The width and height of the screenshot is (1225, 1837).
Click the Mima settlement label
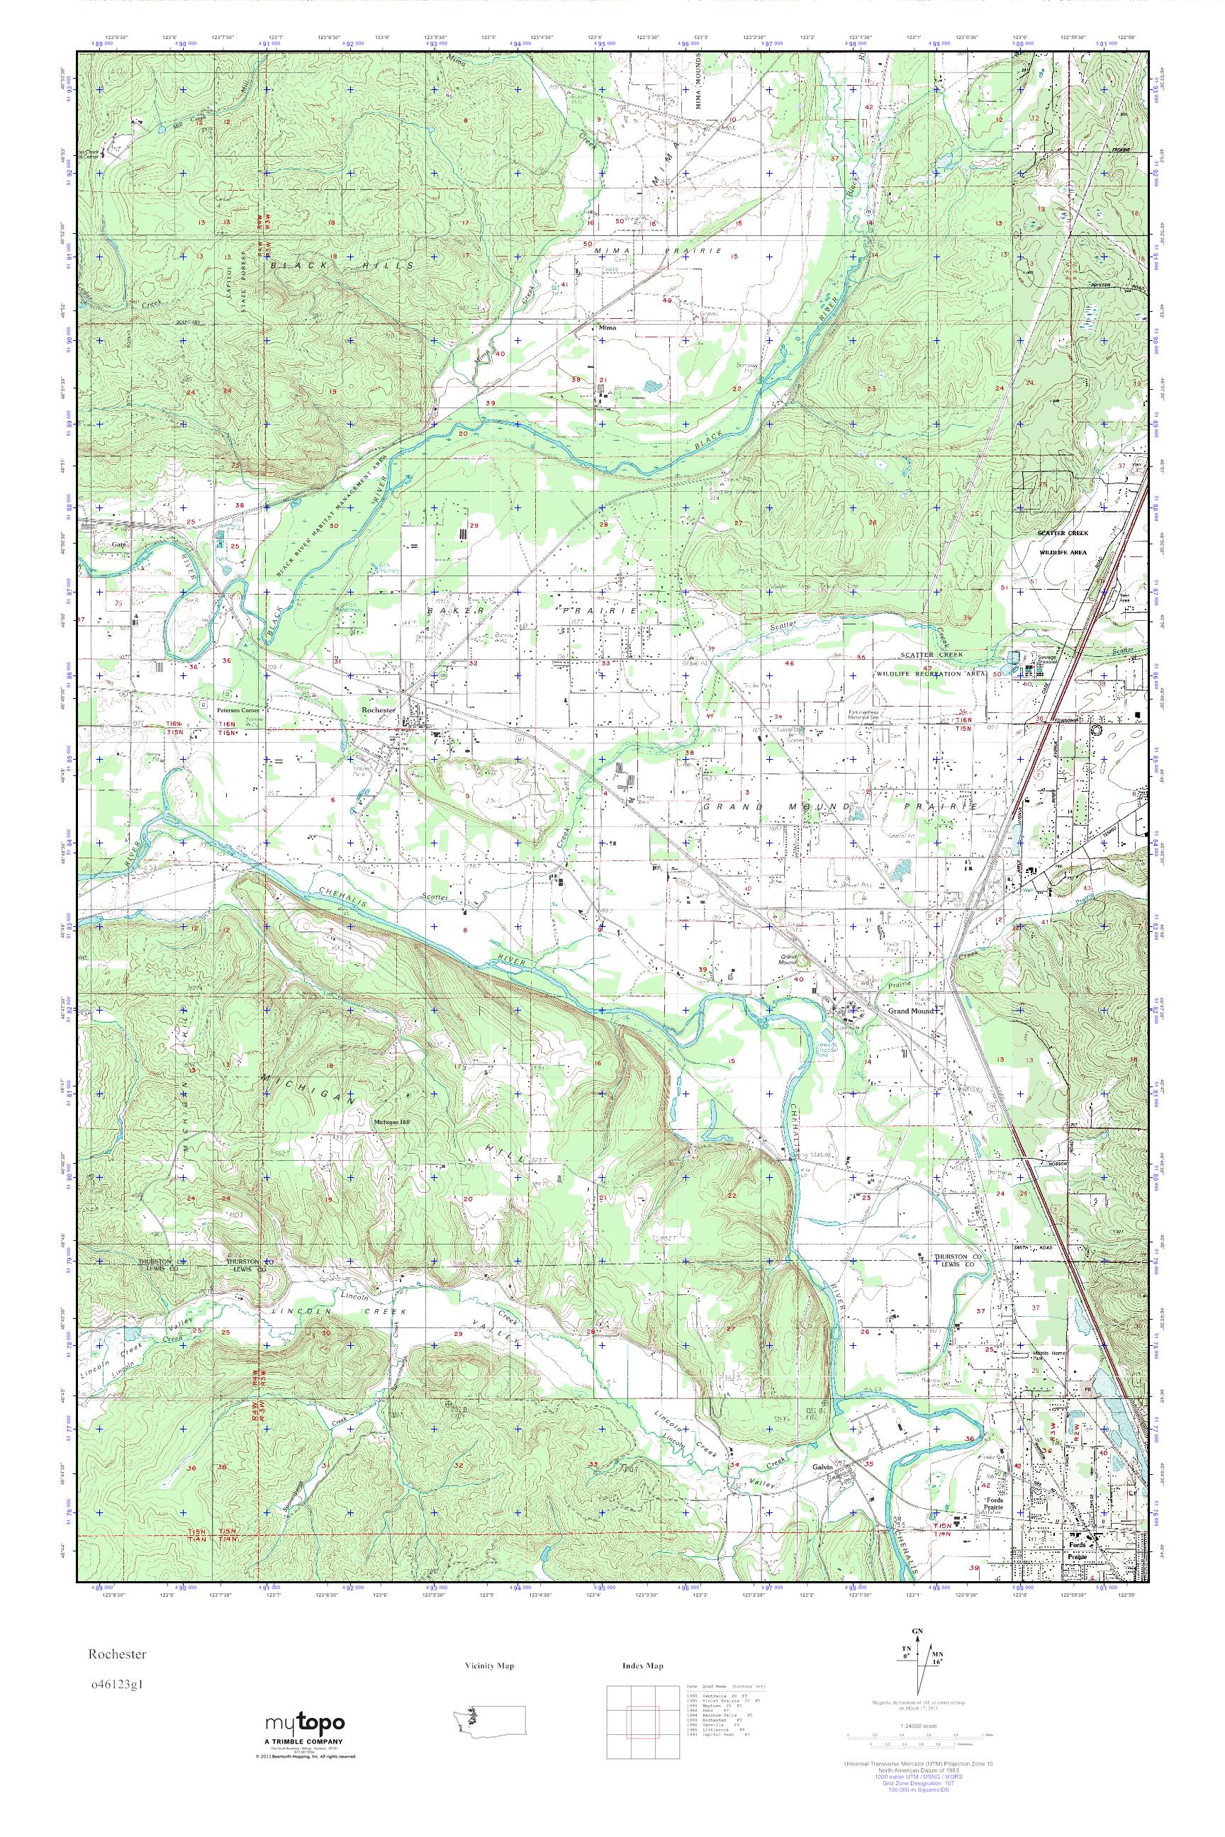607,328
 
